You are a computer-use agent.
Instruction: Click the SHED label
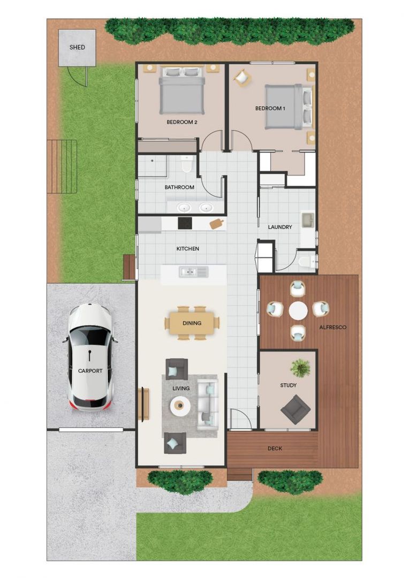click(x=77, y=47)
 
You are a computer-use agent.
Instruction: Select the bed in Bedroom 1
click(x=288, y=107)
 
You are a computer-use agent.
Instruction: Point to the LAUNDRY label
click(x=280, y=227)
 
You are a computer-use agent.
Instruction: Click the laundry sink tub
click(x=308, y=220)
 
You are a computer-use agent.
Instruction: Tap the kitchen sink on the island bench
click(x=188, y=272)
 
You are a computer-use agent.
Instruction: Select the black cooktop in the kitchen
click(x=185, y=223)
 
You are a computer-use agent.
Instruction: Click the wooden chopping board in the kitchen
click(x=217, y=223)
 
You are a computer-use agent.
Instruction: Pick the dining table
click(x=192, y=323)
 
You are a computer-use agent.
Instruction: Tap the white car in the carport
click(x=90, y=356)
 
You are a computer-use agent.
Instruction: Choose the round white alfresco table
click(x=298, y=310)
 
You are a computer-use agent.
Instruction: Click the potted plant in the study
click(x=300, y=367)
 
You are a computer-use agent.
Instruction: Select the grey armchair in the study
click(x=295, y=409)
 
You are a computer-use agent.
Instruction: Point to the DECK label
click(x=275, y=448)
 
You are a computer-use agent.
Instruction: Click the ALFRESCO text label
click(x=333, y=326)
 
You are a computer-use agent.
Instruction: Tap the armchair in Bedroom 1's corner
click(x=242, y=78)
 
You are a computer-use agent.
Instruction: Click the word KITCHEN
click(x=188, y=249)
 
